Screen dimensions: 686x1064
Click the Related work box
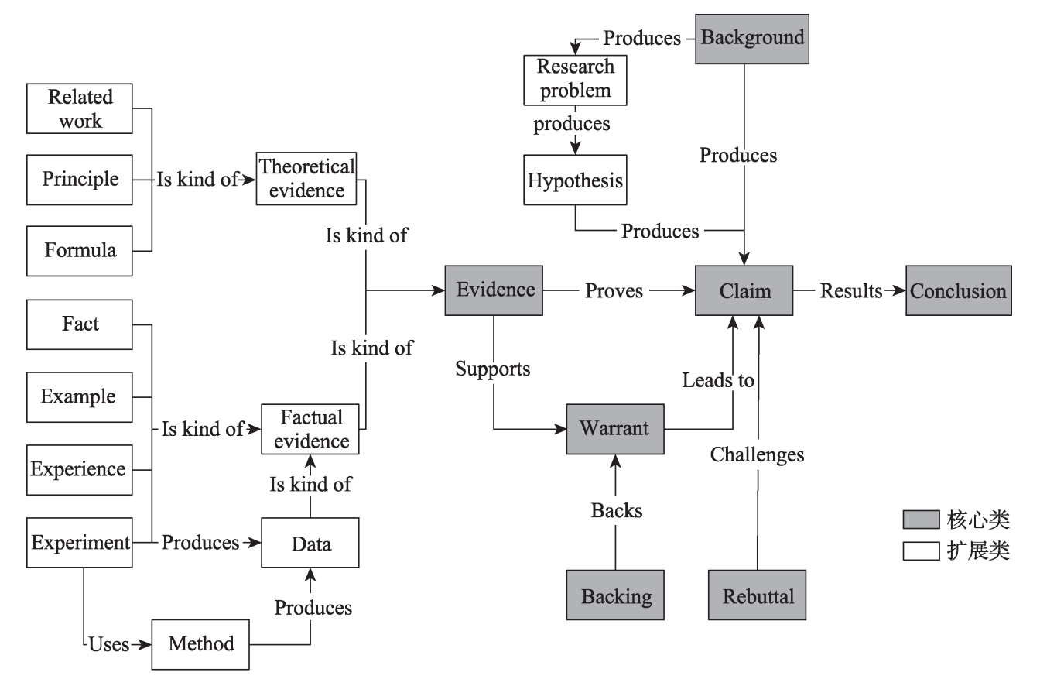coord(80,108)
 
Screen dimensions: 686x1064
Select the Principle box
coord(80,180)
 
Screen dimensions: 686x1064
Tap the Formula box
coord(80,251)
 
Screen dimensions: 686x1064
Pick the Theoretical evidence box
coord(306,179)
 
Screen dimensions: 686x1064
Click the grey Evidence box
coord(494,290)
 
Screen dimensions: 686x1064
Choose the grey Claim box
coord(744,291)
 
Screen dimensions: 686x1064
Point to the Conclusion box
coord(958,291)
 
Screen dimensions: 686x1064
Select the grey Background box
coord(751,39)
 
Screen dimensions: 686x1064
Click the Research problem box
coord(575,80)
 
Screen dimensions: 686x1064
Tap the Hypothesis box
coord(575,180)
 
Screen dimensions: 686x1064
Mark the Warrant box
coord(615,429)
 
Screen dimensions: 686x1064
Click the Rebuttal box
coord(757,595)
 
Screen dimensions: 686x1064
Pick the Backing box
coord(615,595)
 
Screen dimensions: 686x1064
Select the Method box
coord(200,644)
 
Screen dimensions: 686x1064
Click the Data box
coord(310,544)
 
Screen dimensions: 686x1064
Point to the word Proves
coord(614,291)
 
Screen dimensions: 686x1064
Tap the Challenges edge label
coord(757,455)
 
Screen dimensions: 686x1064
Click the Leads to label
coord(717,381)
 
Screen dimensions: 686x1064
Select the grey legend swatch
coord(921,520)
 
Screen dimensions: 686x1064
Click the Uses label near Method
coord(108,644)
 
